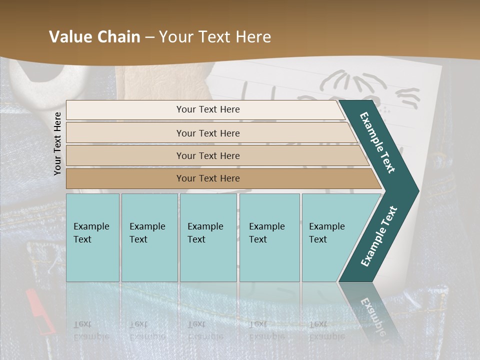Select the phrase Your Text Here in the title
pos(215,37)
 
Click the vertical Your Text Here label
pos(57,143)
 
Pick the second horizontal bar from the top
pos(208,133)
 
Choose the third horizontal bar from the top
pos(208,155)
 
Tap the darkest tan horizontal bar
pos(208,178)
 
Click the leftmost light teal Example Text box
pos(92,237)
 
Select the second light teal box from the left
pos(149,237)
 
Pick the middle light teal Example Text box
pos(208,237)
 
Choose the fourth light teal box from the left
pos(269,237)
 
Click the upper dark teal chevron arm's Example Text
pos(377,142)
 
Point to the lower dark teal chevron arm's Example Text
pos(378,236)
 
